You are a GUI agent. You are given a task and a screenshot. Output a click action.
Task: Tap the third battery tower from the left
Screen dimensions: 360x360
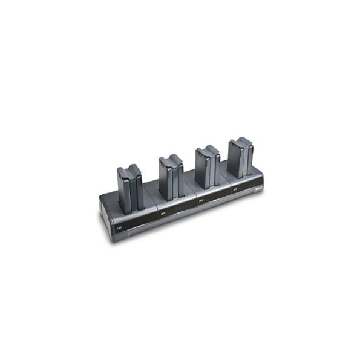click(x=207, y=165)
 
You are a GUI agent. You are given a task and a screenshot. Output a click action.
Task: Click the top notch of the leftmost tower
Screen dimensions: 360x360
click(x=129, y=169)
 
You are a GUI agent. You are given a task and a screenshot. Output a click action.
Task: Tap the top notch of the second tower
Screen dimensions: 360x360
click(x=170, y=159)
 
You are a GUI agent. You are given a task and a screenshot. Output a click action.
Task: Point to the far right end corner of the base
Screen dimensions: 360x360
click(x=264, y=179)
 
